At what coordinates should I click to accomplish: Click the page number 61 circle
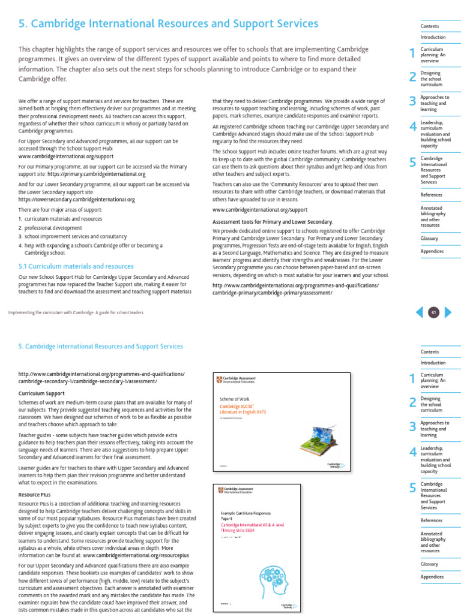(432, 312)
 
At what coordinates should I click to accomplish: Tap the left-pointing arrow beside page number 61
(419, 312)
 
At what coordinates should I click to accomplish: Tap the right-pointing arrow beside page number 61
(447, 312)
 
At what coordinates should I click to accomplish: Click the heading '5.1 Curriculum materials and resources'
(76, 266)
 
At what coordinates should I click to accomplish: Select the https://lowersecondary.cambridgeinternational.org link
(76, 199)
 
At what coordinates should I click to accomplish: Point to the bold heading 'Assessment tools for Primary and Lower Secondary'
(273, 221)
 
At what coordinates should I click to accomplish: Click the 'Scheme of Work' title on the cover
(234, 398)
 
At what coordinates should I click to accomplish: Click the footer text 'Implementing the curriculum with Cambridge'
(76, 312)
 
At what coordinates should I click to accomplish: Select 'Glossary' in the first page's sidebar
(429, 239)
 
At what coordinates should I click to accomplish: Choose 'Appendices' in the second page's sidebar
(432, 577)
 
